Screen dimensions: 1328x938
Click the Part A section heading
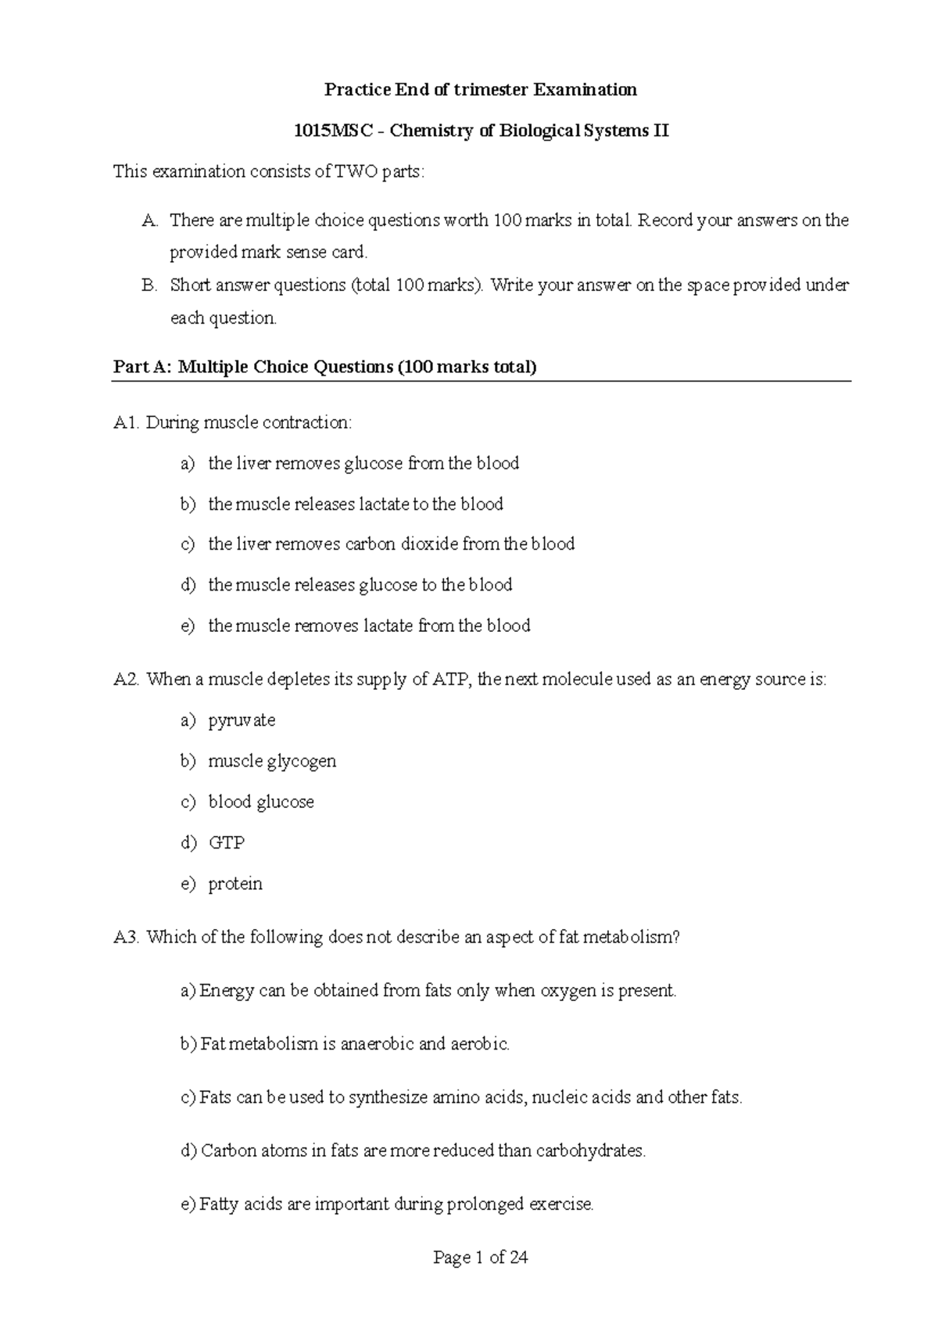(324, 367)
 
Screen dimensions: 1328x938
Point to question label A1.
(126, 423)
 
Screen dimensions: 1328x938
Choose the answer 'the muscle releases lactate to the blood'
(355, 504)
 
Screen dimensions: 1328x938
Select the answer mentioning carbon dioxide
(391, 544)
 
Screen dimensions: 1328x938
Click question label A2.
(126, 680)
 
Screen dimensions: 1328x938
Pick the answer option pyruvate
(242, 720)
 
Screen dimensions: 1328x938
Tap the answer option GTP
(226, 843)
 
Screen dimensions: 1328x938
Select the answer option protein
(234, 884)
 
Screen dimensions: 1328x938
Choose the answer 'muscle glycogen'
(272, 762)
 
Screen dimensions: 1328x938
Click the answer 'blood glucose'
(261, 802)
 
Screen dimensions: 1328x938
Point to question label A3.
(126, 937)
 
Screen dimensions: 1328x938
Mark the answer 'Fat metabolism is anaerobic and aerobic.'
(354, 1044)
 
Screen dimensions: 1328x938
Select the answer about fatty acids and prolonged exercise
(396, 1204)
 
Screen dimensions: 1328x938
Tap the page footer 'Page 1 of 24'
(481, 1258)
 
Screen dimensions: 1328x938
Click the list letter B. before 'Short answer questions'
(150, 285)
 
